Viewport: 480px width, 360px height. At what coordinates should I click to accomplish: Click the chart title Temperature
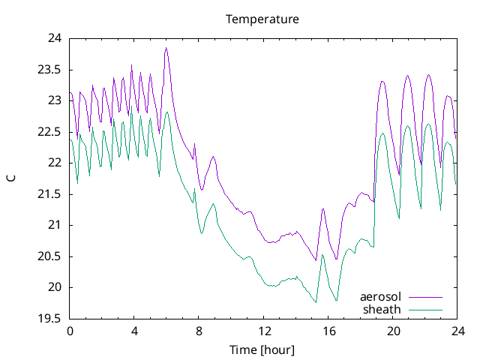pos(262,19)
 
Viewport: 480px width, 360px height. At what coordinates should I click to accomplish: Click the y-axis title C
pos(11,178)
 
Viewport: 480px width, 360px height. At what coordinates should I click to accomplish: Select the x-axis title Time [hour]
pos(262,349)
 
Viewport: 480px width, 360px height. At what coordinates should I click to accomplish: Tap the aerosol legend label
pos(380,296)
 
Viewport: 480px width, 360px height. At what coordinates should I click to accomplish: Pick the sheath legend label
pos(382,309)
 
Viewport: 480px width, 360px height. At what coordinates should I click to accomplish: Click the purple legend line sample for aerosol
pos(424,297)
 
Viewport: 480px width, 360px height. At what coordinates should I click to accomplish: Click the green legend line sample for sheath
pos(424,309)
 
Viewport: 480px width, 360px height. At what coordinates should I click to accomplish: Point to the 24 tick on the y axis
pos(55,38)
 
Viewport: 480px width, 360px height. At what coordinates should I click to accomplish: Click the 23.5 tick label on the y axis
pos(50,70)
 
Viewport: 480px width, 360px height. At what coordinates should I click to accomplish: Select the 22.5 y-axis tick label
pos(50,132)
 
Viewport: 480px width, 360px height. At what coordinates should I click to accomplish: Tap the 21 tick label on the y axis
pos(55,225)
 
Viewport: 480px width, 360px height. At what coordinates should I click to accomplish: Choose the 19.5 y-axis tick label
pos(50,319)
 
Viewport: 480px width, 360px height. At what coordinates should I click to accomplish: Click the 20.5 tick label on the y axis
pos(50,256)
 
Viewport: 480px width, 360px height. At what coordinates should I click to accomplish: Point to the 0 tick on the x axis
pos(70,331)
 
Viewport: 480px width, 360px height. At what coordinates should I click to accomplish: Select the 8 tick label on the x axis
pos(199,331)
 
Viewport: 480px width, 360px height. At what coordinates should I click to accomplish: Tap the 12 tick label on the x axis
pos(264,331)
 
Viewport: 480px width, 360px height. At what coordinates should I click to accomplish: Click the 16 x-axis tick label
pos(328,331)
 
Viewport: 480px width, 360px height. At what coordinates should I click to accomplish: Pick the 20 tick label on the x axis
pos(393,331)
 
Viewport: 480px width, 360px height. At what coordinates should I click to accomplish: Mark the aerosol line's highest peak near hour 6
pos(166,48)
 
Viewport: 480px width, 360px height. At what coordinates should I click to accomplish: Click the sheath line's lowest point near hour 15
pos(316,302)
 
